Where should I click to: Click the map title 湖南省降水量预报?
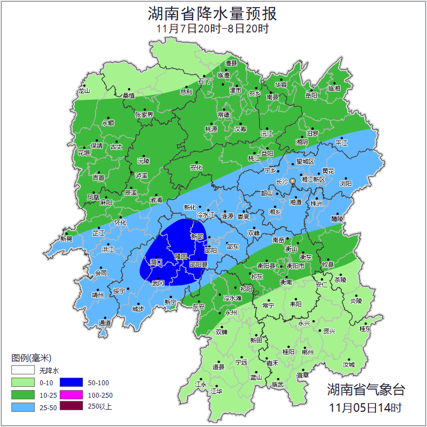coord(213,12)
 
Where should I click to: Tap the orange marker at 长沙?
coord(293,181)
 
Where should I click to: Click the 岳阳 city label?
coord(311,95)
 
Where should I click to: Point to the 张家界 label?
coord(144,115)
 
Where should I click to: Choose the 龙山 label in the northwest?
coord(84,91)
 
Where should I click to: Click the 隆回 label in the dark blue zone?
coord(181,256)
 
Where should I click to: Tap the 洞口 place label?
coord(157,262)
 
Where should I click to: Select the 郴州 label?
coord(308,352)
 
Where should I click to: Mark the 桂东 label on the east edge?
coord(366,329)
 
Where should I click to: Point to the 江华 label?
coord(216,391)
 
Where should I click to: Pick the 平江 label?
coord(341,143)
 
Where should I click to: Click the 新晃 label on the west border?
coord(66,239)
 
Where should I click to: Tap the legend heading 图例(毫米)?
coord(31,358)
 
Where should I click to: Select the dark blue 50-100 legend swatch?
coord(71,383)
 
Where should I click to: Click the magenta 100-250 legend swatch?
coord(71,395)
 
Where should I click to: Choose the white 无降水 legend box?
coord(23,371)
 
